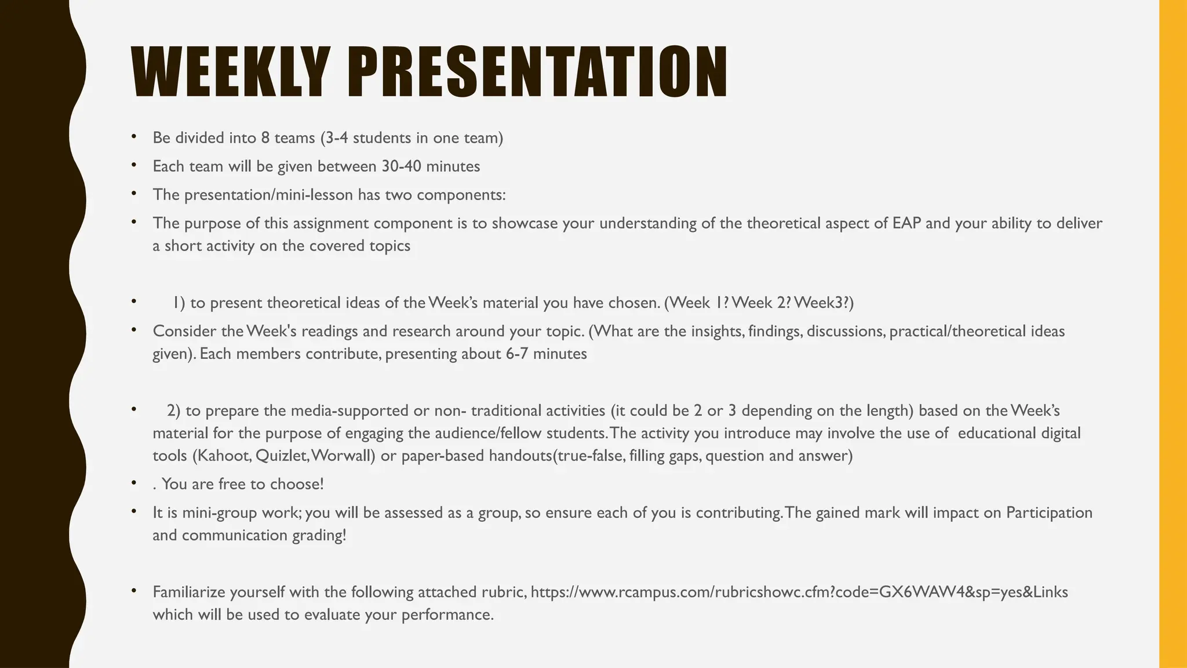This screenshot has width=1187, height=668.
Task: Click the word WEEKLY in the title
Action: coord(231,73)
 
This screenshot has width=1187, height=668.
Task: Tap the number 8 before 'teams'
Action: coord(265,138)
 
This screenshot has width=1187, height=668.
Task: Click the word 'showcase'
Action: coord(525,223)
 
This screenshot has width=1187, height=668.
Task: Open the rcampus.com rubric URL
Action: coord(799,592)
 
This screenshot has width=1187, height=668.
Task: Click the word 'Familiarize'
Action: coord(190,592)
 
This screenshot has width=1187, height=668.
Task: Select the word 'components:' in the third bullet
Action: coord(461,195)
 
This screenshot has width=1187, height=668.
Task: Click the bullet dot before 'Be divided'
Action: coord(134,137)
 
